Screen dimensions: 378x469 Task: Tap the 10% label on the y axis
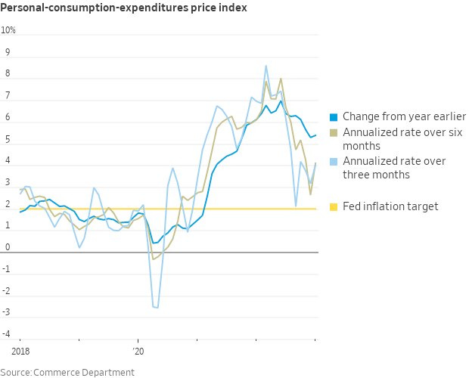coord(8,31)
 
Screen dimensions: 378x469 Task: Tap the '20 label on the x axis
coord(137,352)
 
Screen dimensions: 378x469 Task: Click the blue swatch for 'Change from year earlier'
coord(334,117)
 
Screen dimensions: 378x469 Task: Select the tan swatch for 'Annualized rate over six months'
coord(334,134)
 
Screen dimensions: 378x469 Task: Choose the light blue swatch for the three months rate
coord(334,162)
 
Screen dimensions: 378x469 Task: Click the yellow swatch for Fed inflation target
coord(334,206)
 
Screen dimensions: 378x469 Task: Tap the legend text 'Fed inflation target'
coord(390,206)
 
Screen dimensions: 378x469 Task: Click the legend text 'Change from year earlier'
coord(404,116)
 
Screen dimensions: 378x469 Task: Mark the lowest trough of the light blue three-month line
coord(156,308)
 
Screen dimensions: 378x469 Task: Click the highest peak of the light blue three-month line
coord(266,66)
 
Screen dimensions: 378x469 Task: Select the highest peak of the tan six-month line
coord(281,79)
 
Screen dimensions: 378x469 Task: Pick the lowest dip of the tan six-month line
coord(153,259)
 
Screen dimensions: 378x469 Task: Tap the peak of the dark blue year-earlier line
coord(281,101)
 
